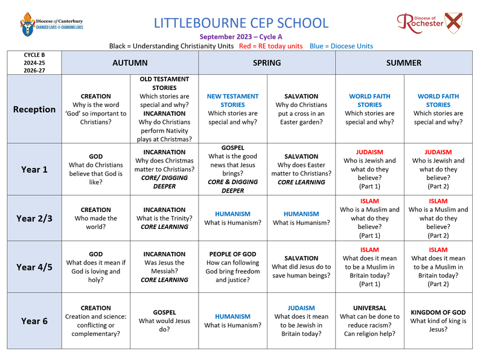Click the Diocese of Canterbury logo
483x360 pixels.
point(52,24)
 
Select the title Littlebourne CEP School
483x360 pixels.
point(241,24)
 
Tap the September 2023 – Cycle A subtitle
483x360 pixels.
point(241,37)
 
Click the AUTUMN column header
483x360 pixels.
point(130,63)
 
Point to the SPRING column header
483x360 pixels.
point(267,63)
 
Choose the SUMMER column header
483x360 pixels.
point(404,63)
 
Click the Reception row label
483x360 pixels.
point(34,109)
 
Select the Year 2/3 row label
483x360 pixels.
point(34,218)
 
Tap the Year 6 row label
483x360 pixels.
point(34,321)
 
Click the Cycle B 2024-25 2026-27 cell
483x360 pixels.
point(34,63)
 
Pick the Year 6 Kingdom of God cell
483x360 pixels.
point(438,321)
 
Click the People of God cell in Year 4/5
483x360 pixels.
point(232,267)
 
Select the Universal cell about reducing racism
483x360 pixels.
point(369,321)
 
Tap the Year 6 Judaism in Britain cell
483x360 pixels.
point(301,321)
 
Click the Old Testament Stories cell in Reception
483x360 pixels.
point(164,109)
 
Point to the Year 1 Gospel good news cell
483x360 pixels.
point(232,169)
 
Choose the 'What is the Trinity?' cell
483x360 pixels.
point(164,218)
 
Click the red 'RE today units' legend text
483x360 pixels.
point(270,46)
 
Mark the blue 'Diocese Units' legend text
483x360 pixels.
point(341,46)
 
